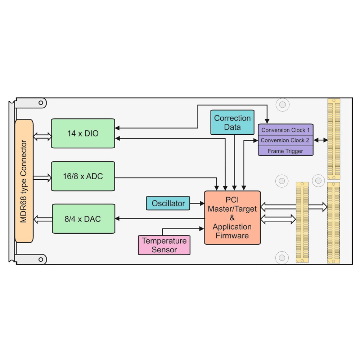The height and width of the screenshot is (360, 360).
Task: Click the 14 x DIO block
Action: pyautogui.click(x=83, y=134)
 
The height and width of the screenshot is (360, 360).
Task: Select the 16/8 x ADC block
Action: pyautogui.click(x=83, y=176)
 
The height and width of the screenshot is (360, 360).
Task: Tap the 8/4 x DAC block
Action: pyautogui.click(x=84, y=219)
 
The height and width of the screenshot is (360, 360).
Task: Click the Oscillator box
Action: pyautogui.click(x=168, y=203)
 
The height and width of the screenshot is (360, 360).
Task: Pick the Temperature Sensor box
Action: pyautogui.click(x=164, y=245)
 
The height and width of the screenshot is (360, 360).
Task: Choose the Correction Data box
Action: pyautogui.click(x=232, y=122)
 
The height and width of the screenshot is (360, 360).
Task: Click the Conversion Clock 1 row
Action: pyautogui.click(x=285, y=130)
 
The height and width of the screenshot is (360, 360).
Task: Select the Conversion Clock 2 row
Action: pyautogui.click(x=285, y=140)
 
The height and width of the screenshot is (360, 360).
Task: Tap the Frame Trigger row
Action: pyautogui.click(x=285, y=151)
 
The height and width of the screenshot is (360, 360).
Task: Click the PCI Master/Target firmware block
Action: pyautogui.click(x=232, y=218)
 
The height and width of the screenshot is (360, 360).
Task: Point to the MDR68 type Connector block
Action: pyautogui.click(x=24, y=181)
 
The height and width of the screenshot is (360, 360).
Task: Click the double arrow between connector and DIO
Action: pyautogui.click(x=42, y=136)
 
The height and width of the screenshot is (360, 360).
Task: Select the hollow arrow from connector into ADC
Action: pyautogui.click(x=42, y=178)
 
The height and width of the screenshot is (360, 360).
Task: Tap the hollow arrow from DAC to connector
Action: pyautogui.click(x=43, y=219)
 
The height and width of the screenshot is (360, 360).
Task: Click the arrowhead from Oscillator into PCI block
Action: pyautogui.click(x=202, y=203)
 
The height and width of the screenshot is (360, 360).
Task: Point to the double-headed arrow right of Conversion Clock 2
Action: pyautogui.click(x=321, y=140)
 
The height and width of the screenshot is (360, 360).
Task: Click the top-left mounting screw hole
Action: pyautogui.click(x=41, y=103)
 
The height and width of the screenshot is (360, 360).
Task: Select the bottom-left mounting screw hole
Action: pyautogui.click(x=41, y=260)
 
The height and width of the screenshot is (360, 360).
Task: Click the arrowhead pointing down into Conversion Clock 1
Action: pyautogui.click(x=267, y=121)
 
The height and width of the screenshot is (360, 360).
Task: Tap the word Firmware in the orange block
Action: pyautogui.click(x=232, y=236)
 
